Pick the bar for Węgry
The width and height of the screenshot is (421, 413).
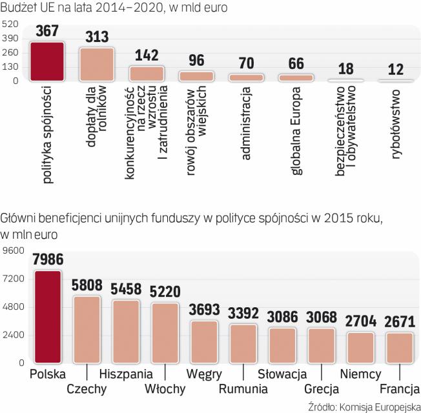(x=204, y=341)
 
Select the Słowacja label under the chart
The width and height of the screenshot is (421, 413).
(x=282, y=374)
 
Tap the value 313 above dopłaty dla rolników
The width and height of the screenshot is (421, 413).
(x=97, y=37)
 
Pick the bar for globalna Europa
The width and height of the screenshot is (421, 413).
(x=296, y=77)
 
